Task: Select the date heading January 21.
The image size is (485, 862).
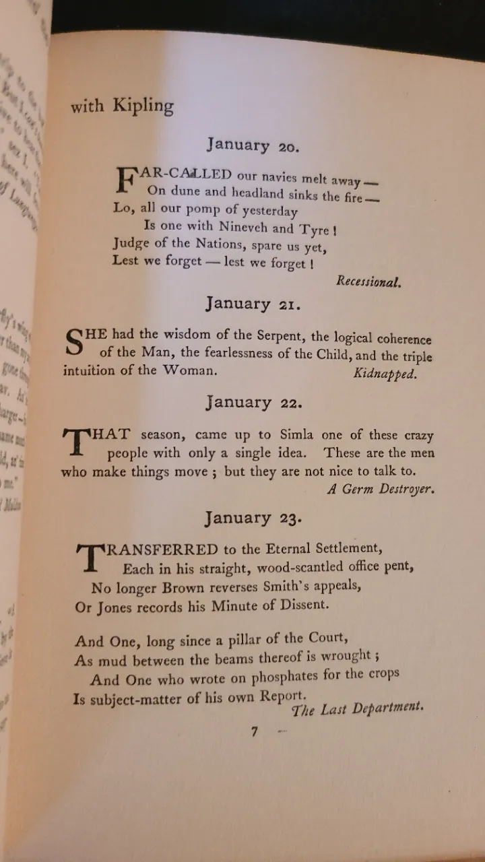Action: click(253, 304)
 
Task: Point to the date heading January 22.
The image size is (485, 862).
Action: click(254, 403)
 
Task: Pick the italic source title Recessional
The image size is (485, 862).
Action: click(368, 281)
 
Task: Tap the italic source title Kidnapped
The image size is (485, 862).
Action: click(385, 374)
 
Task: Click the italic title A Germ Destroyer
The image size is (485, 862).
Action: click(381, 490)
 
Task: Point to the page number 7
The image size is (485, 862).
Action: click(255, 732)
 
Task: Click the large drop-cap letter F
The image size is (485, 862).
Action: click(126, 180)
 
